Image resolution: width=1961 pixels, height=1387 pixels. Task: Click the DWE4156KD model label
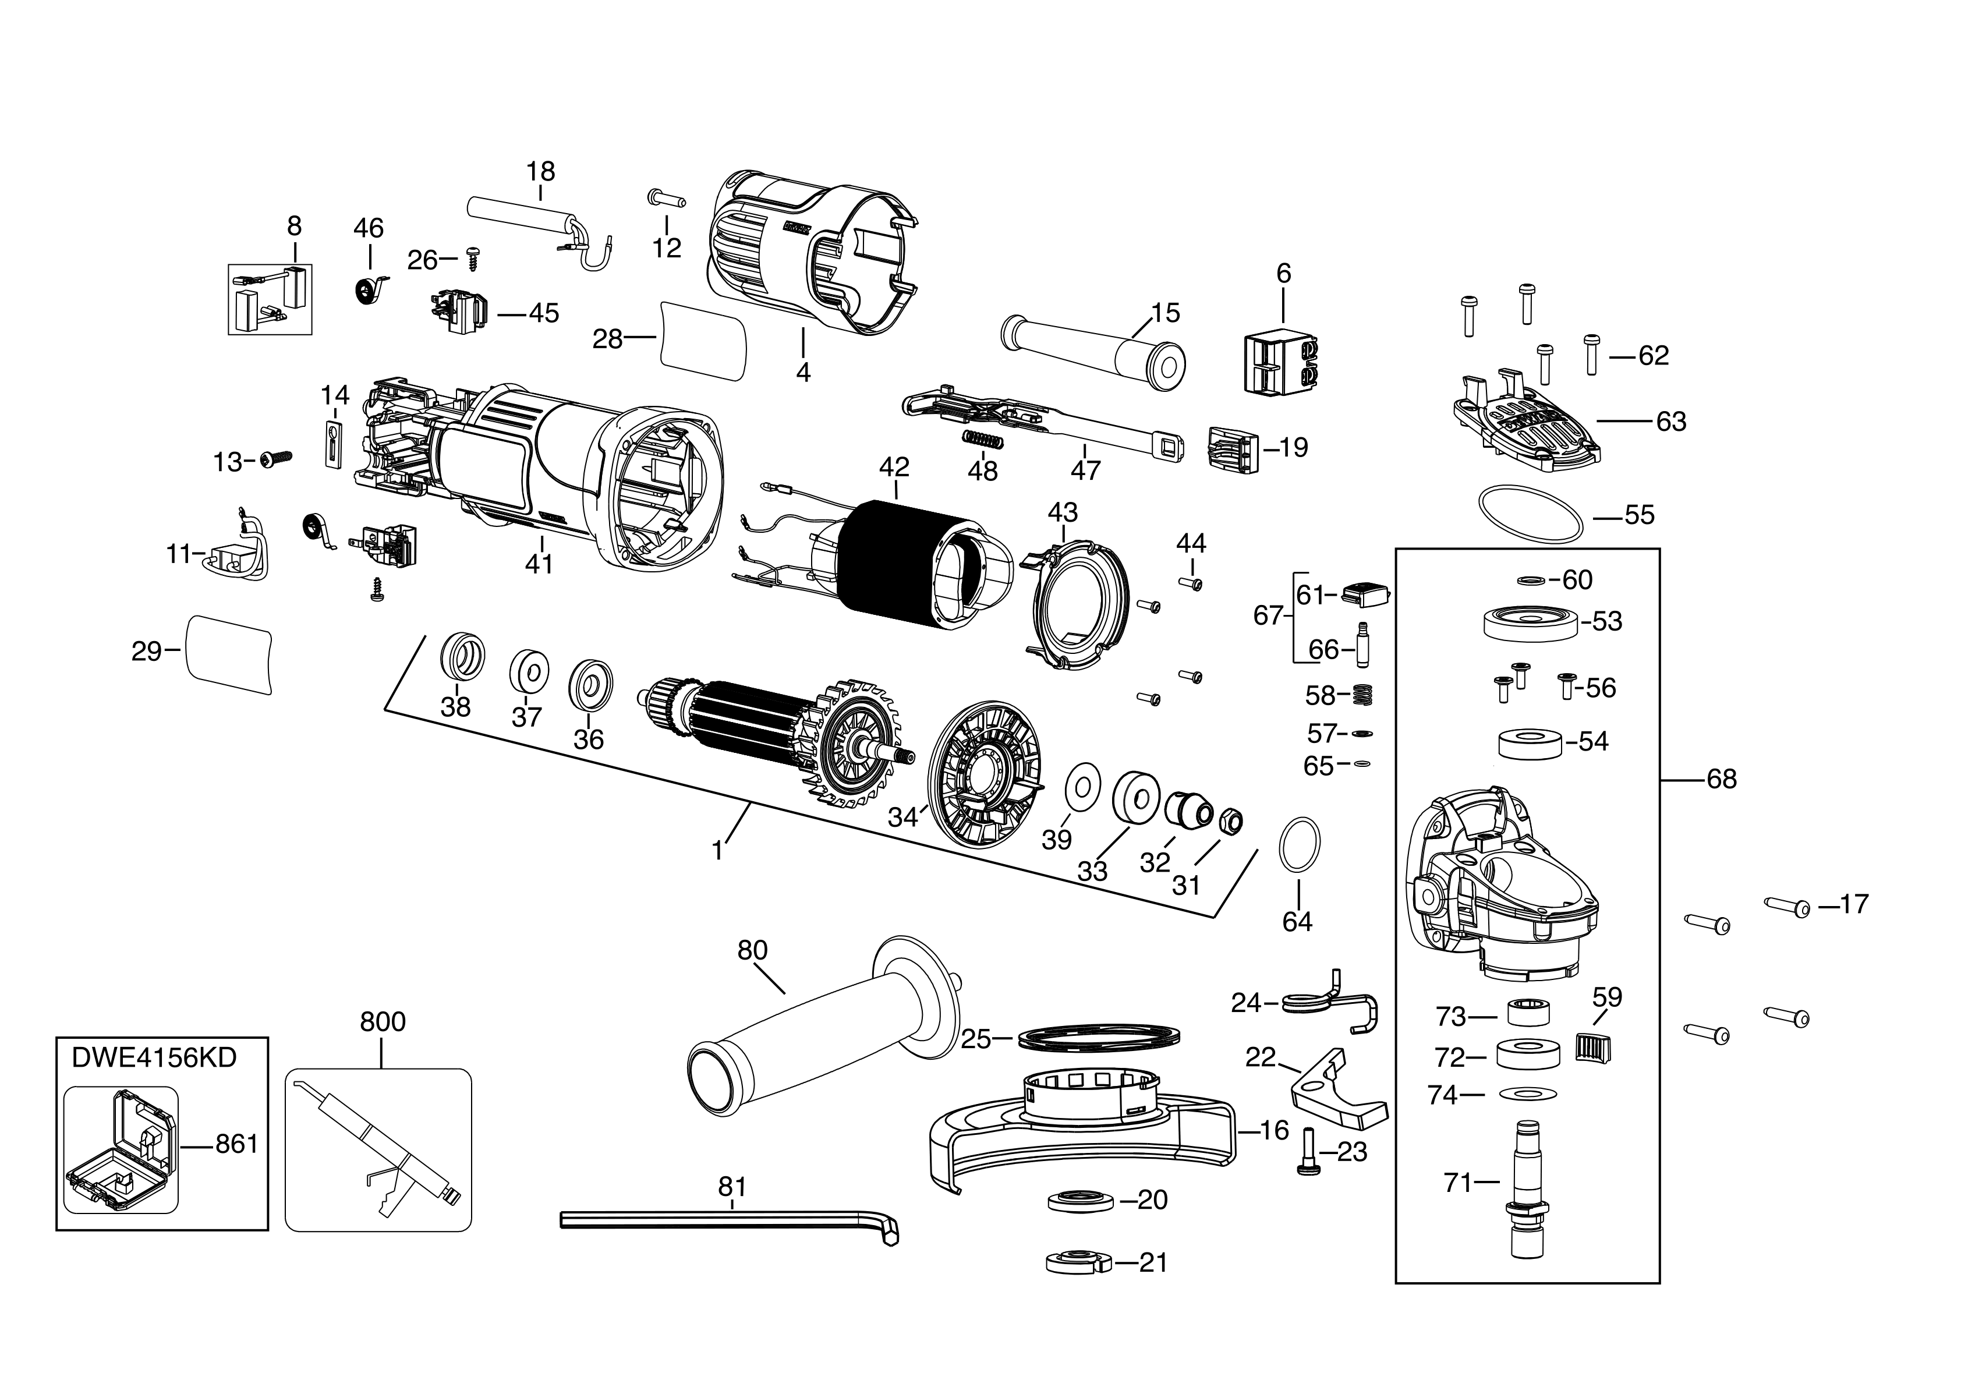coord(154,1057)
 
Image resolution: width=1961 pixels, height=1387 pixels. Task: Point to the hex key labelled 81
coord(726,1220)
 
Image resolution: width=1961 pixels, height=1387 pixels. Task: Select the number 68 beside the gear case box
coord(1721,779)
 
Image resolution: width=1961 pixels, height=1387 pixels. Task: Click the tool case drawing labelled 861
coord(121,1149)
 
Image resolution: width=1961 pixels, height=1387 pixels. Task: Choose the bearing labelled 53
coord(1530,622)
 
